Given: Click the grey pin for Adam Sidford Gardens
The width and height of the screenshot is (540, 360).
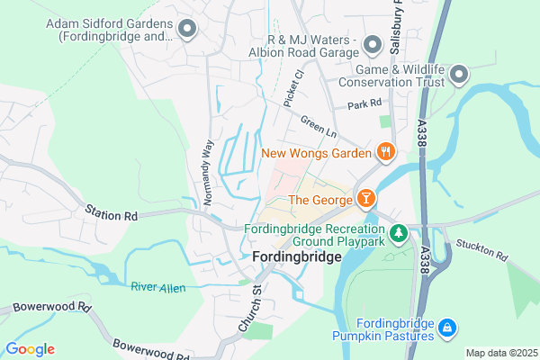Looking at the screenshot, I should tap(187, 30).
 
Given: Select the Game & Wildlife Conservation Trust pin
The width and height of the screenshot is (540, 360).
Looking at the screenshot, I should tap(459, 73).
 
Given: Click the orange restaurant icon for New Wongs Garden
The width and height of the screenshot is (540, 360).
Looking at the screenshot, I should tap(386, 152).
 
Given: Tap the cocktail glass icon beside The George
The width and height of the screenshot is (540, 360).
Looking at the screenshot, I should tap(366, 198).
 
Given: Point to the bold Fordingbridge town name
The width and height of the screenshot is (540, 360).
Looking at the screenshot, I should tap(297, 257).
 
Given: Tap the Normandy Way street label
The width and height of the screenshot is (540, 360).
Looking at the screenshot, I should tap(208, 172).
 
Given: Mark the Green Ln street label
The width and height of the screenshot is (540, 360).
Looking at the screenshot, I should tap(318, 128).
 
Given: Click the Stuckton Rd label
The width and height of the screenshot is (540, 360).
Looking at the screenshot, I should tap(481, 250).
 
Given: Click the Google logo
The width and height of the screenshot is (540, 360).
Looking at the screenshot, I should tap(30, 349).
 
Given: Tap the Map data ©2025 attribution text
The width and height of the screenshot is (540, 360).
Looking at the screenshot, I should tap(499, 352).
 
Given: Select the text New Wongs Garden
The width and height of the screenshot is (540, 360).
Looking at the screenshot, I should tap(316, 153).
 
